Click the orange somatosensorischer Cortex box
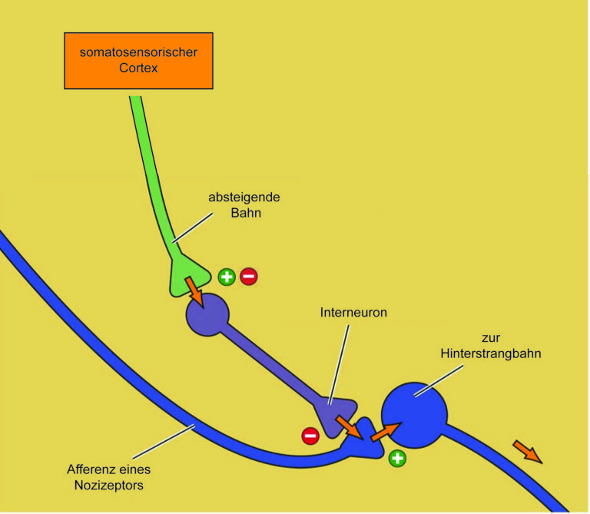coord(138,61)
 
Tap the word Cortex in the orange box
coord(138,68)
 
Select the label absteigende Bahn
coord(244,205)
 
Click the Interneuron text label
coord(353,312)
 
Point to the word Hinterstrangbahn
coord(491,353)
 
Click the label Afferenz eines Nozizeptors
coord(109,477)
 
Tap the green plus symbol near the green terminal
coord(227,277)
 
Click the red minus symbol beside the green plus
coord(249,277)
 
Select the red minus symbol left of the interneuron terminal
coord(310,436)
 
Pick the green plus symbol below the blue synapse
coord(397,459)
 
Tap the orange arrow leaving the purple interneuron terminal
coord(350,427)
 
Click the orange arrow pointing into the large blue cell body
coord(386,432)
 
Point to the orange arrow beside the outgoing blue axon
coord(528,452)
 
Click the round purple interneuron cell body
coord(207,314)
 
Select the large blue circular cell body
coord(414,415)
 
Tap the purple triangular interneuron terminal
coord(336,415)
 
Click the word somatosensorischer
coord(138,52)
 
